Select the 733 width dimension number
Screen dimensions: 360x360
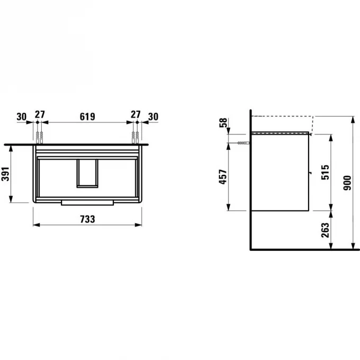(x=87, y=218)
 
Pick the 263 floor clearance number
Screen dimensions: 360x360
(x=325, y=229)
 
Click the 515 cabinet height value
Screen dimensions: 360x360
(x=325, y=172)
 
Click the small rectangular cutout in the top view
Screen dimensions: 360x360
(x=87, y=173)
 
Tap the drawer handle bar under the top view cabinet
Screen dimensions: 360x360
(x=87, y=202)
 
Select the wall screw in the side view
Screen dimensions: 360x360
(x=241, y=143)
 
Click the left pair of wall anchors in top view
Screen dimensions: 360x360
(x=38, y=137)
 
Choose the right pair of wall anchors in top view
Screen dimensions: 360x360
(x=135, y=137)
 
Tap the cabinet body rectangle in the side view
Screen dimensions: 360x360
(x=280, y=172)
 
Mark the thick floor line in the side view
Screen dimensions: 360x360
(x=302, y=248)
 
